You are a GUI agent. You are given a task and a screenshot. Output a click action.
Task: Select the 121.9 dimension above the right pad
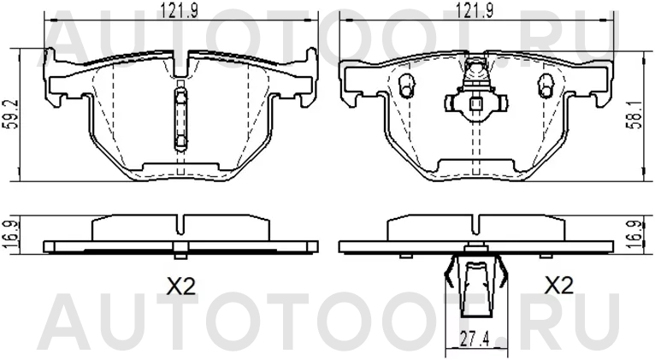(x=475, y=10)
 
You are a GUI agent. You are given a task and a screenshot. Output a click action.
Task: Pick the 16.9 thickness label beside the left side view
(x=9, y=233)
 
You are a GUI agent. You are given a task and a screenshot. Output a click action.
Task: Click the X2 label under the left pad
(x=181, y=287)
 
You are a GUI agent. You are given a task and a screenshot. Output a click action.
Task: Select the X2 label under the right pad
(x=557, y=287)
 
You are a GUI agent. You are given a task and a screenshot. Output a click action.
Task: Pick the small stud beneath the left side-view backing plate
(x=180, y=253)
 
